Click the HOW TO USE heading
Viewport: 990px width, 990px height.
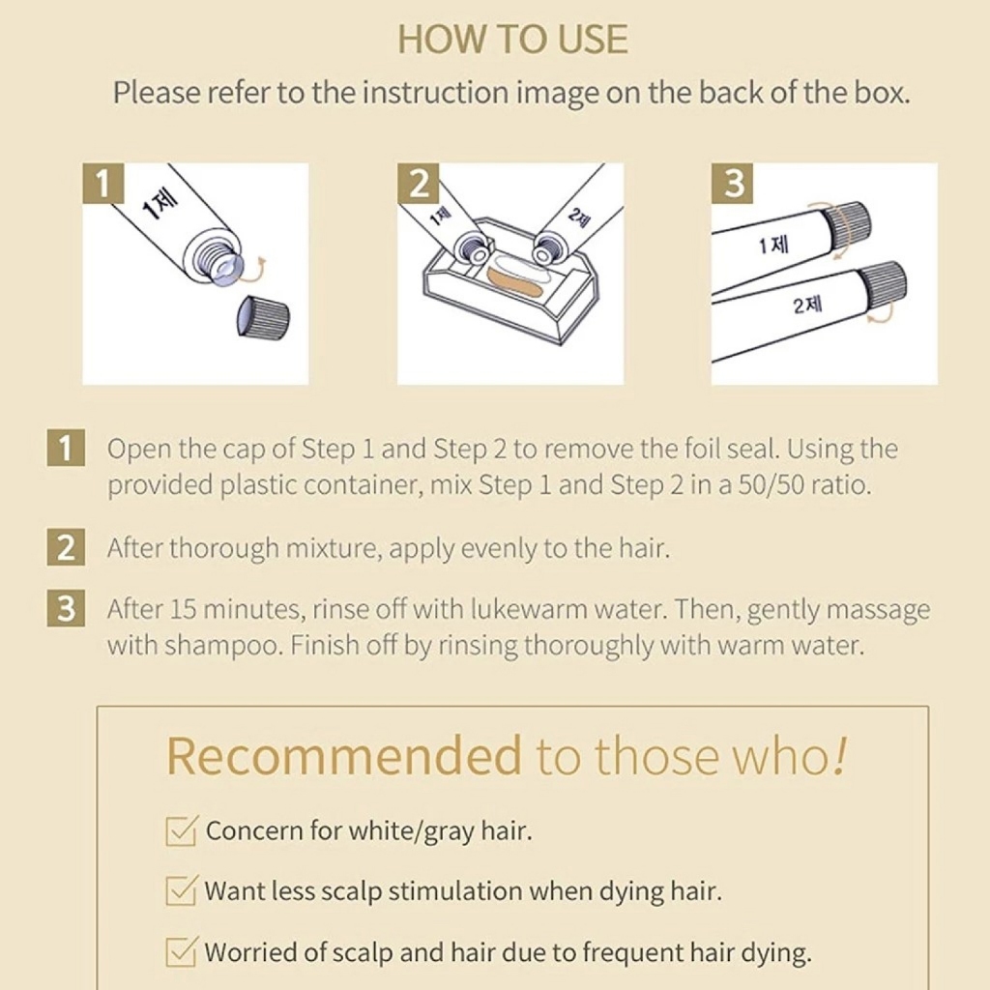(x=512, y=39)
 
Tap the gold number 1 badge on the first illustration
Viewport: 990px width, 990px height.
(x=102, y=183)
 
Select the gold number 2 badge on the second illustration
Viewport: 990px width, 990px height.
(x=418, y=183)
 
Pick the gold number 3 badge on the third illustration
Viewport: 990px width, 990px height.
(x=733, y=183)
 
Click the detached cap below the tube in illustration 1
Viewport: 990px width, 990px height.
(x=263, y=317)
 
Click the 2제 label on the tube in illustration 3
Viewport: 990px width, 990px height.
(x=807, y=306)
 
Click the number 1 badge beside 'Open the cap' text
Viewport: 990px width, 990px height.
(x=66, y=448)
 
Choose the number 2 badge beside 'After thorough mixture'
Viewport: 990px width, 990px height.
(x=66, y=547)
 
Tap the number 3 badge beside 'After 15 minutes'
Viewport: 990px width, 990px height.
(x=66, y=609)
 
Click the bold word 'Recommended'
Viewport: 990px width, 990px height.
(x=344, y=756)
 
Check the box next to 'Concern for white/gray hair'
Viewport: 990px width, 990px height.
(x=182, y=830)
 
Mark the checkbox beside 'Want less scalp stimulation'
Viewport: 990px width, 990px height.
(x=182, y=890)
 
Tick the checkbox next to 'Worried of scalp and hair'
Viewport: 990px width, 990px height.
(x=182, y=951)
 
